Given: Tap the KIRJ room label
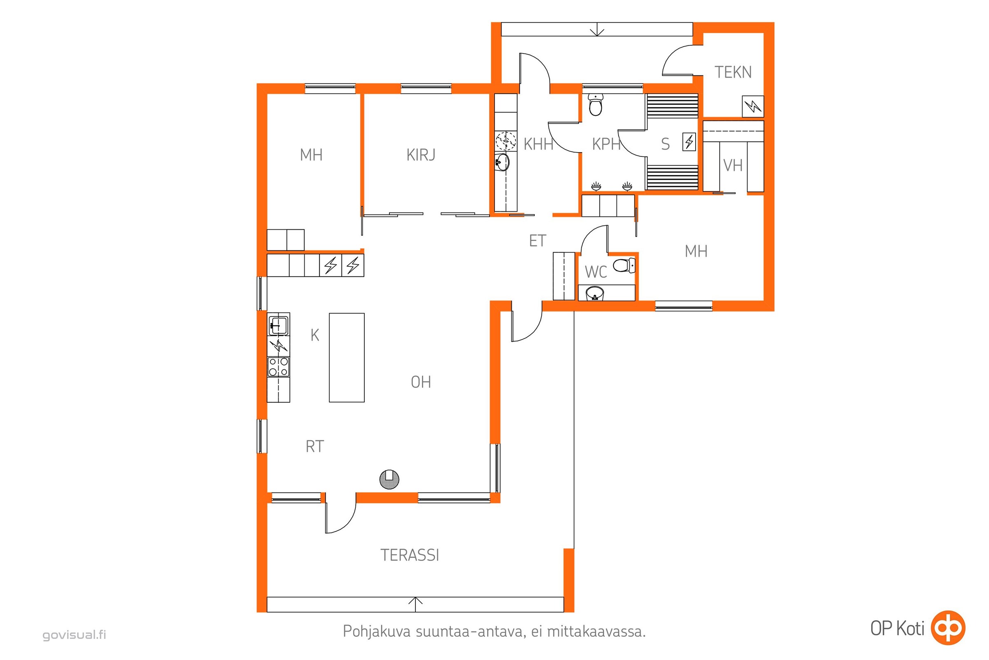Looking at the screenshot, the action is tap(421, 155).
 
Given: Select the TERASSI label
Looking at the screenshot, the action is tap(410, 555).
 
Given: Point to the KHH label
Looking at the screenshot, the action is tap(538, 144).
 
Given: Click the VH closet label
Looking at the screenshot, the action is tap(733, 165).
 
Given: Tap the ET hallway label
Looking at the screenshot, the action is tap(537, 241).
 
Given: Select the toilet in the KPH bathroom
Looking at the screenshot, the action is tap(596, 104).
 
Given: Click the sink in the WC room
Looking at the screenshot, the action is tap(595, 293).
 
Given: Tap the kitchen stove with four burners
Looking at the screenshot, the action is tap(279, 367).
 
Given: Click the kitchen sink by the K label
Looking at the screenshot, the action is tap(279, 325).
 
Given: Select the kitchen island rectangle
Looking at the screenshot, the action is tap(347, 357).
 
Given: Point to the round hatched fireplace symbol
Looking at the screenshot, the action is tap(389, 479).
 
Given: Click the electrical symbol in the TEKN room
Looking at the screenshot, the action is tap(753, 106).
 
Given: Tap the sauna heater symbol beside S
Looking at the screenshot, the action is tap(689, 142).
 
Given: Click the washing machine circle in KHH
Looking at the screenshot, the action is tap(506, 141).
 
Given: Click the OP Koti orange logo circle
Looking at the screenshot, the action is tap(948, 627).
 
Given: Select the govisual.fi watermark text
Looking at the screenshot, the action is tap(75, 634).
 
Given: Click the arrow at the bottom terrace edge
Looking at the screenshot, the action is tap(415, 604).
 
